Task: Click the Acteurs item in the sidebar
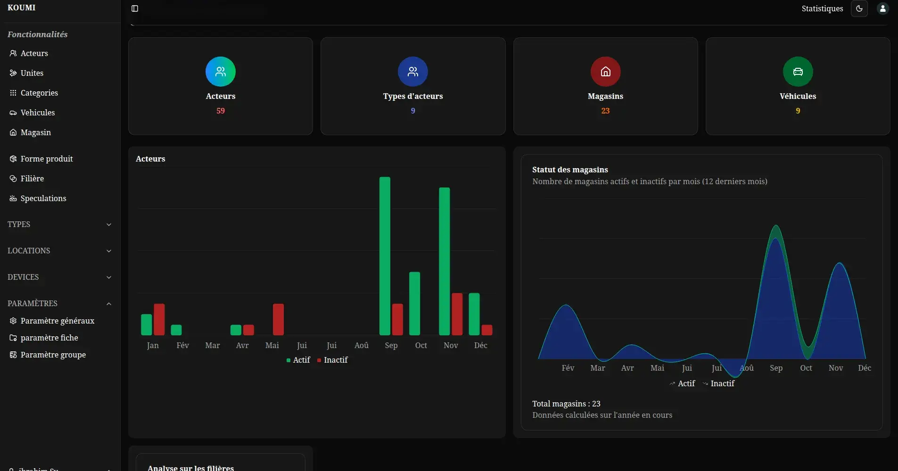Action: point(34,53)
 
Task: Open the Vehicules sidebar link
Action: point(37,113)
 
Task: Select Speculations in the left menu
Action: point(43,198)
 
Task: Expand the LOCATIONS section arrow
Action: point(109,251)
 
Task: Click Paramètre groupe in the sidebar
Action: point(53,355)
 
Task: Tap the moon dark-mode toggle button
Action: point(859,8)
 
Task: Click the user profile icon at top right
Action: point(882,8)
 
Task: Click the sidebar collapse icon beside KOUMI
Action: point(135,8)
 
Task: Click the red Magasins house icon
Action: point(605,72)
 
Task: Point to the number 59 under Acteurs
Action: point(221,111)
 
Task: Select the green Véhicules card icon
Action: point(798,72)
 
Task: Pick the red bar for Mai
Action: point(278,319)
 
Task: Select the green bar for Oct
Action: point(414,303)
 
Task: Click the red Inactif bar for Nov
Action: point(457,314)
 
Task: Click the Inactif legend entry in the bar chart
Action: point(333,360)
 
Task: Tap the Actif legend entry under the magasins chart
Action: point(683,383)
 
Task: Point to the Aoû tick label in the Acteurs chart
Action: point(361,345)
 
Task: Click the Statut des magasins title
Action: point(570,170)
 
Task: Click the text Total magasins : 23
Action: point(566,404)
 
